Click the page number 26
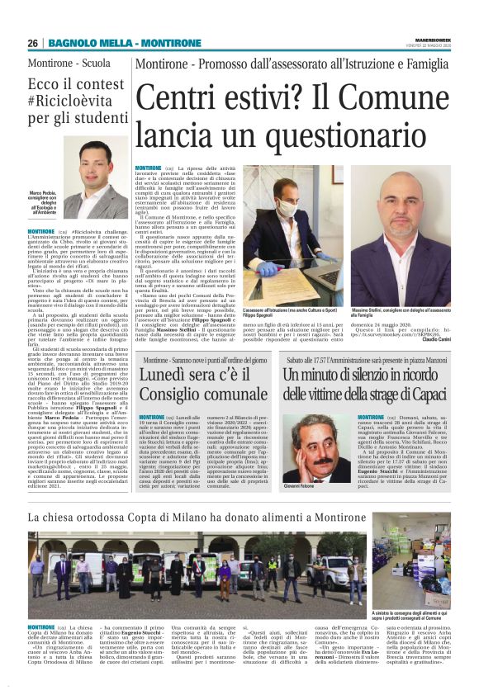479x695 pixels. tap(33, 43)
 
